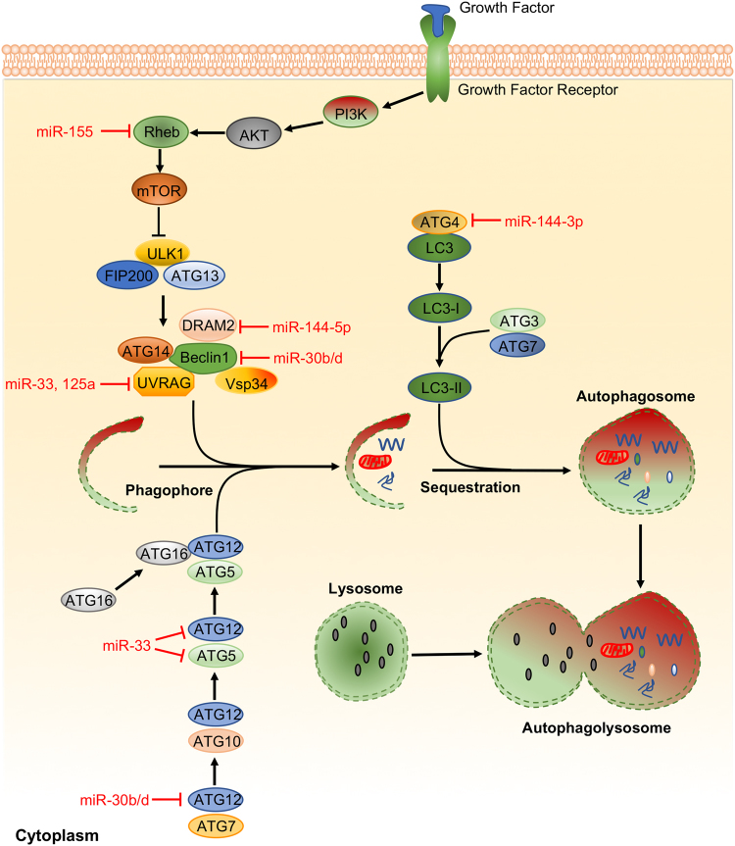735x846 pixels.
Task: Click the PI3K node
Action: pyautogui.click(x=351, y=113)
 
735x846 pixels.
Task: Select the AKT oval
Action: pyautogui.click(x=254, y=133)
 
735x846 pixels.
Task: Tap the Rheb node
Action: pyautogui.click(x=161, y=132)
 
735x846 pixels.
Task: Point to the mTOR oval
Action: pyautogui.click(x=159, y=190)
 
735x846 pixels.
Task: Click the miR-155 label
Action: pyautogui.click(x=65, y=131)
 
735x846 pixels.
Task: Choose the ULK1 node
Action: pyautogui.click(x=164, y=253)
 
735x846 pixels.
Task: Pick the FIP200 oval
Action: pyautogui.click(x=127, y=275)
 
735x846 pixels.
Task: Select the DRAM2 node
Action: pyautogui.click(x=208, y=325)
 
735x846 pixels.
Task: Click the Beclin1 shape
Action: pyautogui.click(x=204, y=357)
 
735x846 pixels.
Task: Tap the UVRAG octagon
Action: pyautogui.click(x=164, y=382)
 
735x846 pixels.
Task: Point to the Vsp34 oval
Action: pyautogui.click(x=246, y=382)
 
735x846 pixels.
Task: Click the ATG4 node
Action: pyautogui.click(x=439, y=222)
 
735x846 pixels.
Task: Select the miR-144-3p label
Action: pyautogui.click(x=544, y=222)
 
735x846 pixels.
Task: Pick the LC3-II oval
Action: pyautogui.click(x=439, y=387)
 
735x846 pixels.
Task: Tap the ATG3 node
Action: pyautogui.click(x=517, y=321)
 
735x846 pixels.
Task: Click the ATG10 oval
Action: pyautogui.click(x=216, y=741)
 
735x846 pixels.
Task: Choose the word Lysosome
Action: pyautogui.click(x=366, y=588)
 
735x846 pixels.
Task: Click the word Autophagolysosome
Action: pyautogui.click(x=597, y=728)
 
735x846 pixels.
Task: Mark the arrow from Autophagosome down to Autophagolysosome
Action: pyautogui.click(x=640, y=556)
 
